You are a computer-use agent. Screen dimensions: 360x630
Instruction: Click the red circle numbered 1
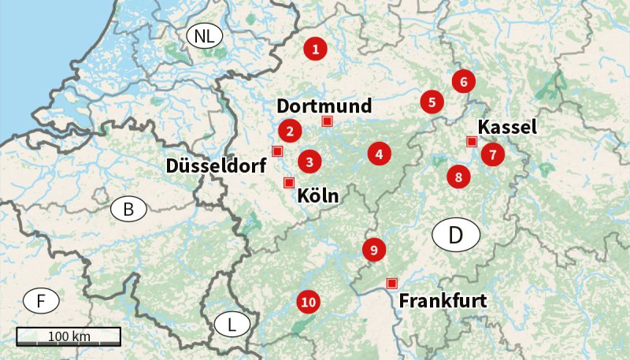pos(316,50)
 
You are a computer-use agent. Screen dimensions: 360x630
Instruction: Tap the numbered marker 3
pos(310,161)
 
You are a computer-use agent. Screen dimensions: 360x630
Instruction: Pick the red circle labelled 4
pos(380,154)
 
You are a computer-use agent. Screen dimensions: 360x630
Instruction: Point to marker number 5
pos(432,102)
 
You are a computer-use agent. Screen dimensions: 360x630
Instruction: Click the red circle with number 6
pos(464,81)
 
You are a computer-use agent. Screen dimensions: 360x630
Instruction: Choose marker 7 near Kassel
pos(493,154)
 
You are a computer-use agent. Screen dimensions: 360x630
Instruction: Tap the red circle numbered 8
pos(458,177)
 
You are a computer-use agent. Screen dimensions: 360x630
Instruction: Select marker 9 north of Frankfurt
pos(374,250)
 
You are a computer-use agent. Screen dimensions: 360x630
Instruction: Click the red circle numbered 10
pos(308,302)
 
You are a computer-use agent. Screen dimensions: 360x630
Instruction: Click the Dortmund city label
pos(324,106)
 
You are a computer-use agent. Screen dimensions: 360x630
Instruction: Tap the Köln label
pos(318,197)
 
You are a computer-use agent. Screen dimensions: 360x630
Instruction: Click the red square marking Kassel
pos(472,142)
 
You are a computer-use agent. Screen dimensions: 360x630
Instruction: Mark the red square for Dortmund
pos(328,121)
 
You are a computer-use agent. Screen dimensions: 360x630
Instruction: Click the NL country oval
pos(204,35)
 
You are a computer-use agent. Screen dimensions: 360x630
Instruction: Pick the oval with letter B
pos(128,210)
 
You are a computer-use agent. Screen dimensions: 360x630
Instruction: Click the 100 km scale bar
pos(69,336)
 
